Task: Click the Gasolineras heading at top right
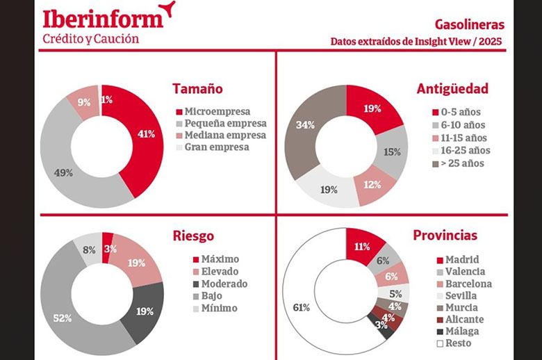(471, 25)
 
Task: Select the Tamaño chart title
(197, 89)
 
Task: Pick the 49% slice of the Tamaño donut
(64, 172)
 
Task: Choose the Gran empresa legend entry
(211, 147)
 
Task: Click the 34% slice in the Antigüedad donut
(306, 125)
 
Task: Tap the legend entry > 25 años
(462, 163)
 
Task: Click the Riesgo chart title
(194, 236)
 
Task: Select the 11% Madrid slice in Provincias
(361, 245)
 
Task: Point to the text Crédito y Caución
(90, 39)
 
